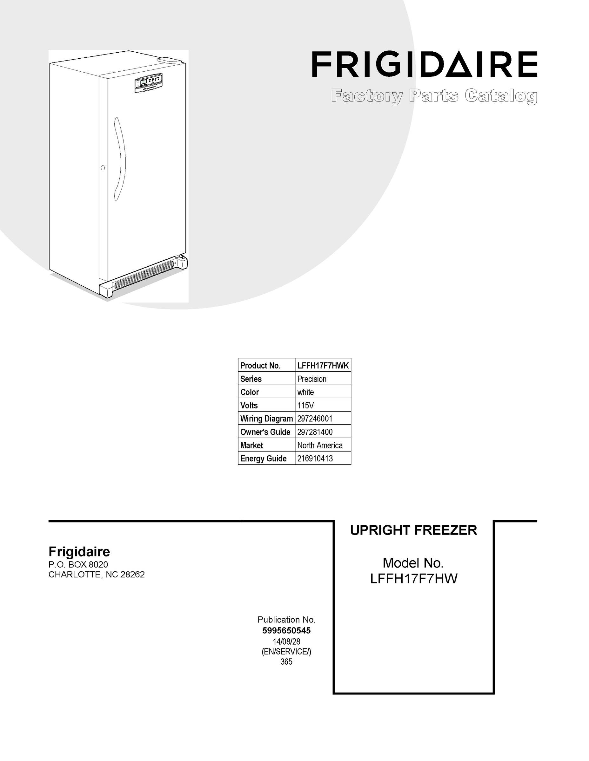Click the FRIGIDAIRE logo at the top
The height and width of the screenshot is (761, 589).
coord(424,64)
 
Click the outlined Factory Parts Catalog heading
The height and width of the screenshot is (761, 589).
coord(434,96)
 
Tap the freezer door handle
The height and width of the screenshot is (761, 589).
coord(119,159)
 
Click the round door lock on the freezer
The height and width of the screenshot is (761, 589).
coord(103,168)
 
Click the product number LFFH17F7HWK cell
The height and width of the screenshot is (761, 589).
coord(323,366)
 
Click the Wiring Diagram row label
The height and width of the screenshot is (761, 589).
coord(266,419)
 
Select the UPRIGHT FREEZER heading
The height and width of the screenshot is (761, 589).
coord(413,530)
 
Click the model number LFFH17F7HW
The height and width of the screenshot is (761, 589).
coord(413,579)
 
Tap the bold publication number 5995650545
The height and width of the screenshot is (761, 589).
coord(286,631)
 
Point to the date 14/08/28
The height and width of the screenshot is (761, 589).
coord(286,641)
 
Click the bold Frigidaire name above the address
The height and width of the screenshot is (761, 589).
coord(79,552)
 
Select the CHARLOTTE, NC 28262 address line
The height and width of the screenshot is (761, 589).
coord(96,575)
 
